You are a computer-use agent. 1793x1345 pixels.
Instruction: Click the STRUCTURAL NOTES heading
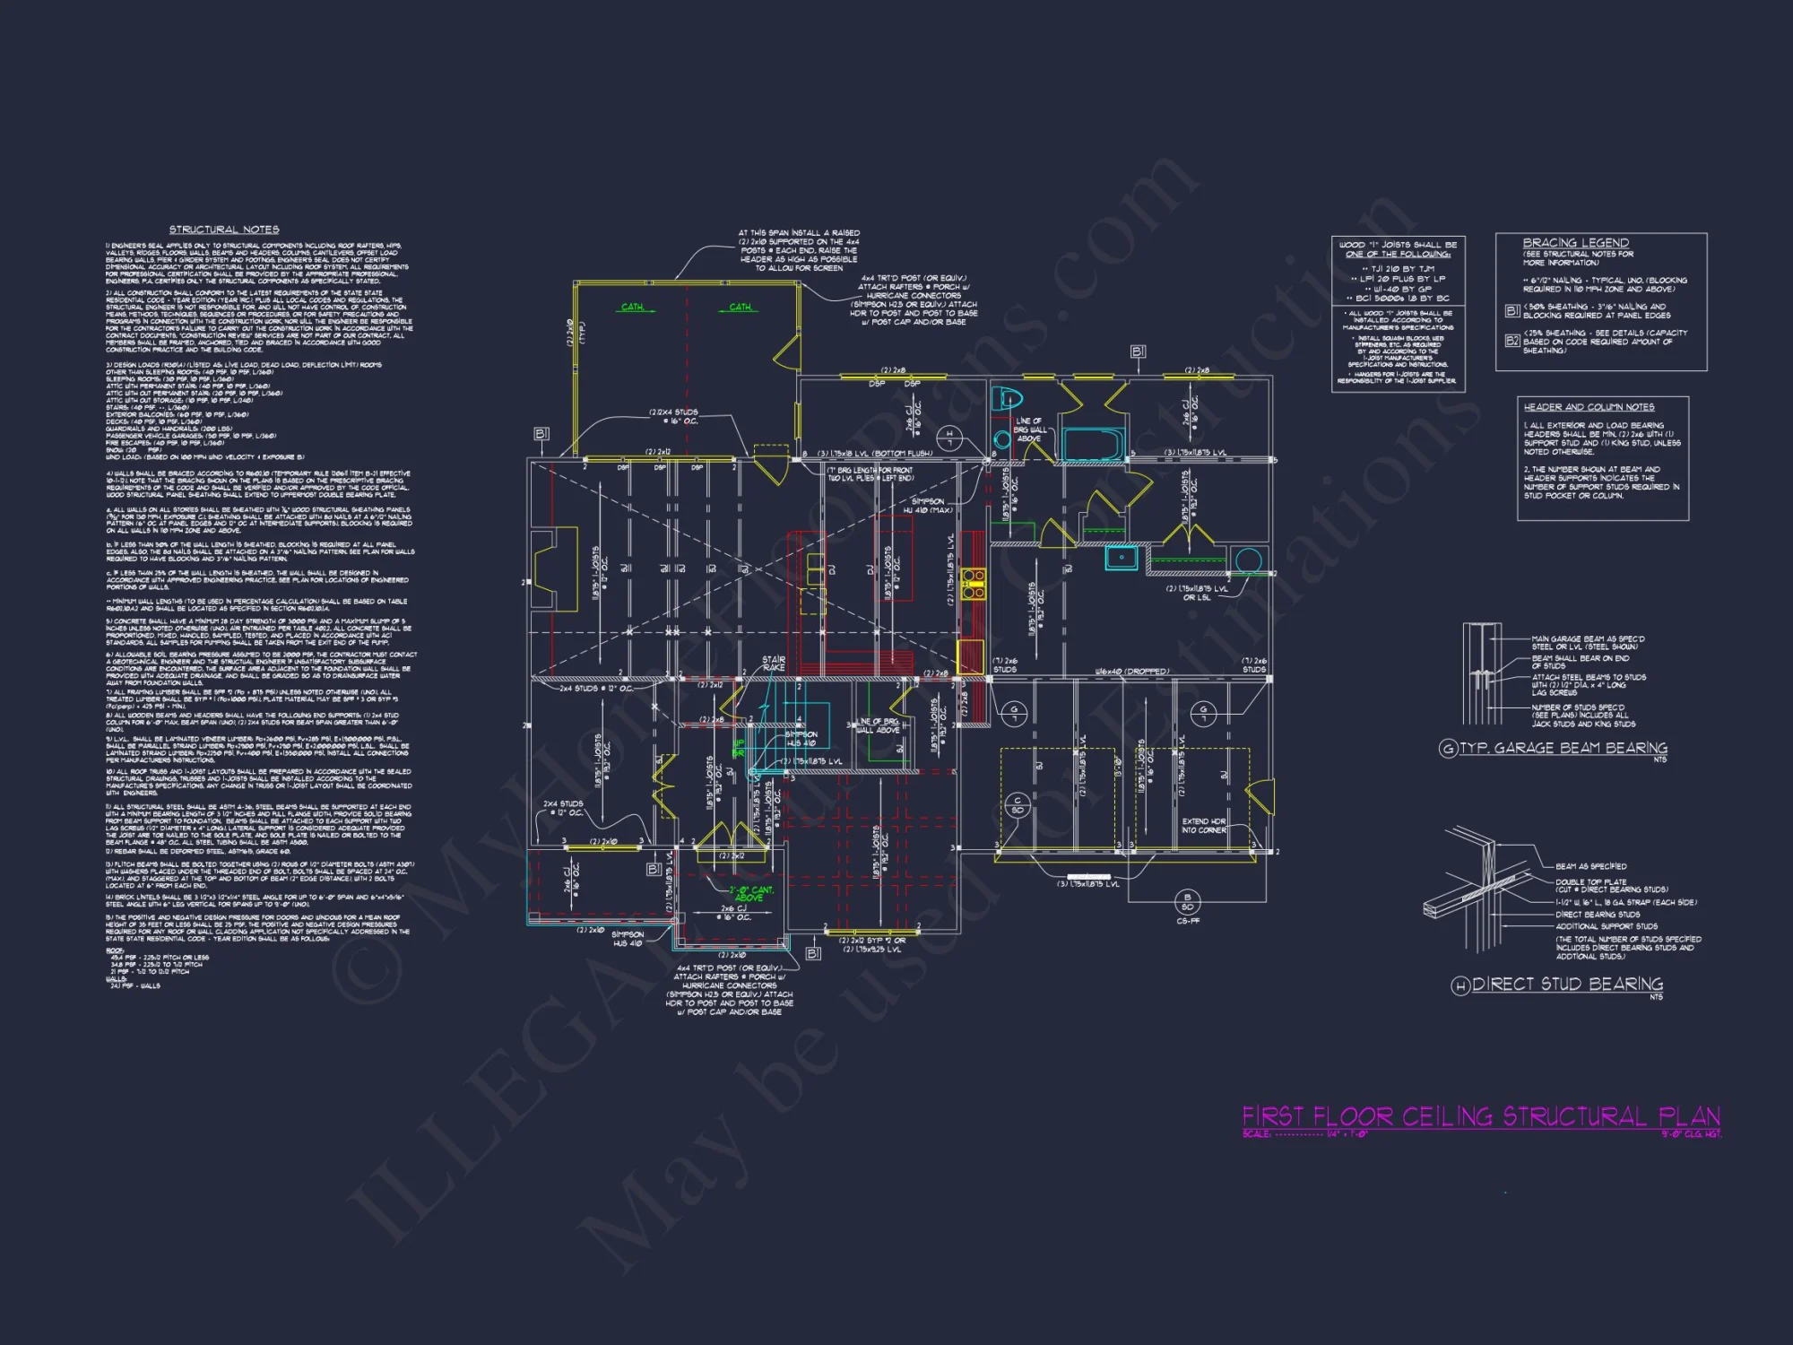pyautogui.click(x=224, y=230)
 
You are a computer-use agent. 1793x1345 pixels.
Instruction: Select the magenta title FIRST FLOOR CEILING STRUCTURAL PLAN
pyautogui.click(x=1481, y=1116)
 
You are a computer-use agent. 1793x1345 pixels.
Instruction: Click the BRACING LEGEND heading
pyautogui.click(x=1575, y=243)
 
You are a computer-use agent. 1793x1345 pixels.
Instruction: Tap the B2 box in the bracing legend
pyautogui.click(x=1512, y=341)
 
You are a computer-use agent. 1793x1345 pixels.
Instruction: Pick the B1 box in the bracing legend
pyautogui.click(x=1512, y=310)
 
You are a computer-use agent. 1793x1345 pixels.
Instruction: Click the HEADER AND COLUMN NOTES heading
pyautogui.click(x=1589, y=407)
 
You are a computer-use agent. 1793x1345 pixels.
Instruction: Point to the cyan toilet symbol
pyautogui.click(x=1008, y=398)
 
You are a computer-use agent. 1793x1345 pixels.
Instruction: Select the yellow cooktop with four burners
pyautogui.click(x=973, y=583)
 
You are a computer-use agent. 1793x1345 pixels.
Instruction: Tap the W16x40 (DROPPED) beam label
pyautogui.click(x=1132, y=672)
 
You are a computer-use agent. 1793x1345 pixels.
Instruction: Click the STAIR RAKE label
pyautogui.click(x=774, y=664)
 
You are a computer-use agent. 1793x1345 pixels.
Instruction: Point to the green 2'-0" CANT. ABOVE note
pyautogui.click(x=750, y=893)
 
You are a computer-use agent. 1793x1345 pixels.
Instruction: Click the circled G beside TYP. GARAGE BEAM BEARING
pyautogui.click(x=1448, y=749)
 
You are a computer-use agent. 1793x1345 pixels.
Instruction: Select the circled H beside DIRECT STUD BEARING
pyautogui.click(x=1460, y=985)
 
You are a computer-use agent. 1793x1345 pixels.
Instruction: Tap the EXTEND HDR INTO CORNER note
pyautogui.click(x=1204, y=826)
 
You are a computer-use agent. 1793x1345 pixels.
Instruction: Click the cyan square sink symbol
pyautogui.click(x=1121, y=558)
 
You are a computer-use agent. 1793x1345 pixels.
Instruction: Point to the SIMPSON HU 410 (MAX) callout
pyautogui.click(x=928, y=506)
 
